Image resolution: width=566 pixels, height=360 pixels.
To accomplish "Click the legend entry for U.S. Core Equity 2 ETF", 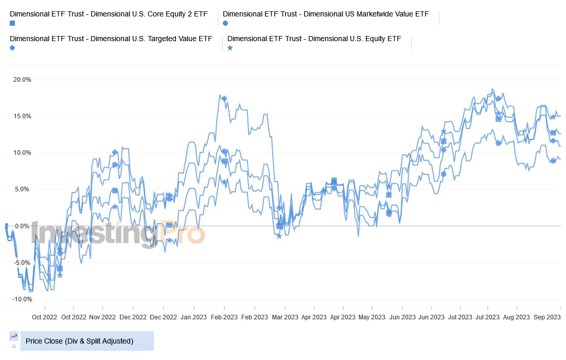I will pyautogui.click(x=109, y=14).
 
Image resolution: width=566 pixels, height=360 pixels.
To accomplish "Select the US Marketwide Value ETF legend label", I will pyautogui.click(x=326, y=14).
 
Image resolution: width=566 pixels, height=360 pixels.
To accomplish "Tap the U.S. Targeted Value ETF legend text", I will pyautogui.click(x=111, y=39).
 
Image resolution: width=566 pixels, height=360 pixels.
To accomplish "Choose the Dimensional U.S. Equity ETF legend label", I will pyautogui.click(x=314, y=39).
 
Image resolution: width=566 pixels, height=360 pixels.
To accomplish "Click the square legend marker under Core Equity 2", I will pyautogui.click(x=12, y=23).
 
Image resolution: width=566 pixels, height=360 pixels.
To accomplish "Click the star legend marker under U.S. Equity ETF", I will pyautogui.click(x=230, y=48).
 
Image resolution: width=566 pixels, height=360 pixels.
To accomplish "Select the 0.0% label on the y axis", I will pyautogui.click(x=23, y=226).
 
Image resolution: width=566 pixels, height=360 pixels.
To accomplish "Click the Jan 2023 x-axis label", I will pyautogui.click(x=194, y=317).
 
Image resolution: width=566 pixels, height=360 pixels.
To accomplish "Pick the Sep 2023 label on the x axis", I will pyautogui.click(x=546, y=317).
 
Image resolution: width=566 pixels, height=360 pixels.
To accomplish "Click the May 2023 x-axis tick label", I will pyautogui.click(x=372, y=317).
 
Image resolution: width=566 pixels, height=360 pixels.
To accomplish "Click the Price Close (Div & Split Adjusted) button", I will pyautogui.click(x=87, y=341).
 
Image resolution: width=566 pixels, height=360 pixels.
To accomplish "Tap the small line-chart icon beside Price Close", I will pyautogui.click(x=14, y=336).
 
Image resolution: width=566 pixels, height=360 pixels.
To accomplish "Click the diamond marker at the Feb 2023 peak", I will pyautogui.click(x=224, y=98).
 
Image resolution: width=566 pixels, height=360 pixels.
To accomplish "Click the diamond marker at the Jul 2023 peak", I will pyautogui.click(x=498, y=98).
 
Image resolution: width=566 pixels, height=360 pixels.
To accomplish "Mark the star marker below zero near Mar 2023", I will pyautogui.click(x=279, y=236).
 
